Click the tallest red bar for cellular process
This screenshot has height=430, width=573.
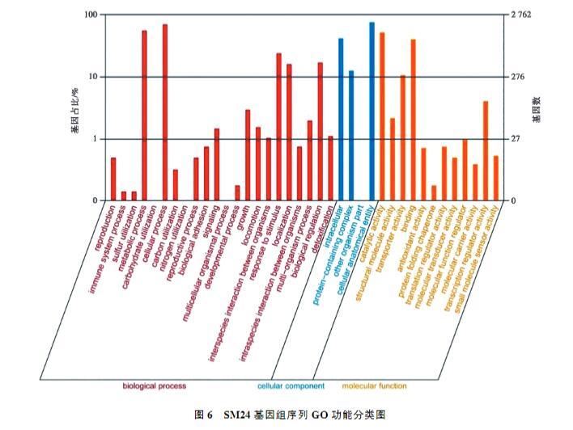click(165, 113)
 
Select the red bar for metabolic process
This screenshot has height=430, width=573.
click(145, 116)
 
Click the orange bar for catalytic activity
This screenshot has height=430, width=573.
click(382, 116)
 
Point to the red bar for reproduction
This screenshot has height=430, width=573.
click(114, 179)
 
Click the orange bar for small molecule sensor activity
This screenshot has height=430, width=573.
click(495, 179)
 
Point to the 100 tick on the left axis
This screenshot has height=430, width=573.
click(90, 15)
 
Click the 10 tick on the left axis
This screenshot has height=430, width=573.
click(91, 78)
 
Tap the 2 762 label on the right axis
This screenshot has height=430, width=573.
click(522, 15)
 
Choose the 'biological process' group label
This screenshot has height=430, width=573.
click(154, 386)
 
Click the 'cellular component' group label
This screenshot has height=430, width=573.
click(291, 386)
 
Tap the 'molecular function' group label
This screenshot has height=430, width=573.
click(375, 386)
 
